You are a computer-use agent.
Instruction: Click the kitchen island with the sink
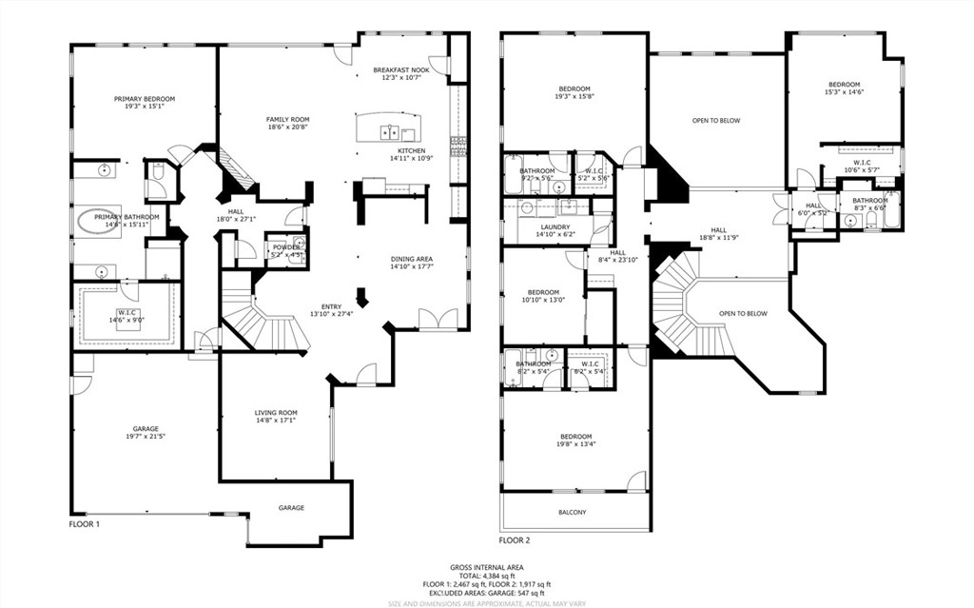pyautogui.click(x=386, y=127)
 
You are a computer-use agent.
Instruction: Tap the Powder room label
pyautogui.click(x=286, y=250)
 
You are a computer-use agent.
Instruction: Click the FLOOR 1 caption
pyautogui.click(x=85, y=524)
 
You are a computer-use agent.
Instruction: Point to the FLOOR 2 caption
pyautogui.click(x=515, y=539)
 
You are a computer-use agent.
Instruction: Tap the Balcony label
pyautogui.click(x=573, y=513)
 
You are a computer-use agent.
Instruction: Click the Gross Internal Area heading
pyautogui.click(x=486, y=567)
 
